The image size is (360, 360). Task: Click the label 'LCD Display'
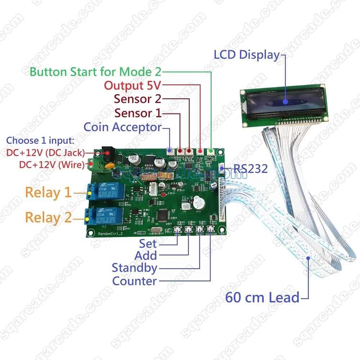pos(247,55)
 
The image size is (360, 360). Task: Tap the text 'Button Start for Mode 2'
pos(95,71)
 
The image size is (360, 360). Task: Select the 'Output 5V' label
pos(133,86)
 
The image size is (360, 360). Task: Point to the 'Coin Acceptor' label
pos(122,127)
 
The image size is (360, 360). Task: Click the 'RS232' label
pos(251,168)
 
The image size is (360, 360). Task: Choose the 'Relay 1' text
pos(48,193)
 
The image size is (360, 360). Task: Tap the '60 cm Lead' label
pos(262,297)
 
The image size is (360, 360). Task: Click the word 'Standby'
pos(134,268)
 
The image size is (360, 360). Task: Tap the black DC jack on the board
pos(108,153)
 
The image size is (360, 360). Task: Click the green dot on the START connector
pos(211,152)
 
